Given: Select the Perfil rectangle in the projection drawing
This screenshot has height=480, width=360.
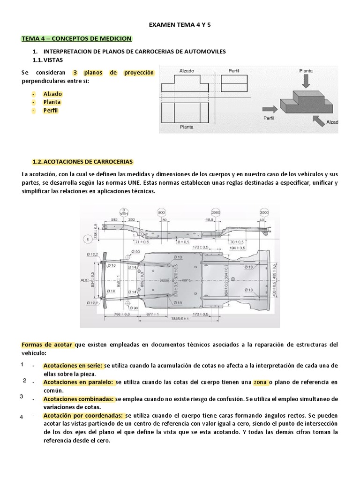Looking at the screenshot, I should click(x=234, y=83).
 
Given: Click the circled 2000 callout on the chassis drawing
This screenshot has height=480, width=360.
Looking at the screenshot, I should click(x=215, y=211).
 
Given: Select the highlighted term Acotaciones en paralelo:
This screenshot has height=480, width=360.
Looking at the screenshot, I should click(x=78, y=382).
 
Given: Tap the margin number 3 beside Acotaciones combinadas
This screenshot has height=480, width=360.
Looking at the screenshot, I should click(x=22, y=397).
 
